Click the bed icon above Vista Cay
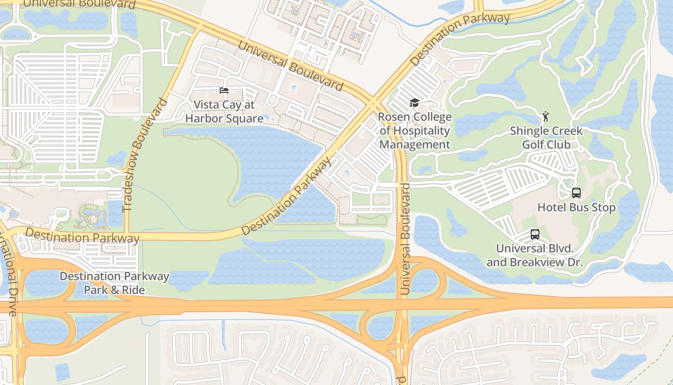[224, 90]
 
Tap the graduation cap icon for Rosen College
[414, 103]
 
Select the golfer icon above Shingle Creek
[545, 116]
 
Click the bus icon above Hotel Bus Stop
[576, 193]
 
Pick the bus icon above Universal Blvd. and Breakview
[535, 234]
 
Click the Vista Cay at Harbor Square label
[224, 112]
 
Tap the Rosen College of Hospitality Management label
[414, 130]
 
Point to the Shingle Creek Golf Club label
[546, 138]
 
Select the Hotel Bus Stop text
[576, 208]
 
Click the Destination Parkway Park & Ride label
[114, 283]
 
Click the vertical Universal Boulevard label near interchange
[405, 239]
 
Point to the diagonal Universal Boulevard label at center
[290, 66]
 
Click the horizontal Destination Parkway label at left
[82, 236]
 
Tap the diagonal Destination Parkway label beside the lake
[287, 196]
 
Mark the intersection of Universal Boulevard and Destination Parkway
[373, 103]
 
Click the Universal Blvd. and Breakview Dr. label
[535, 256]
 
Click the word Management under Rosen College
[414, 144]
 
